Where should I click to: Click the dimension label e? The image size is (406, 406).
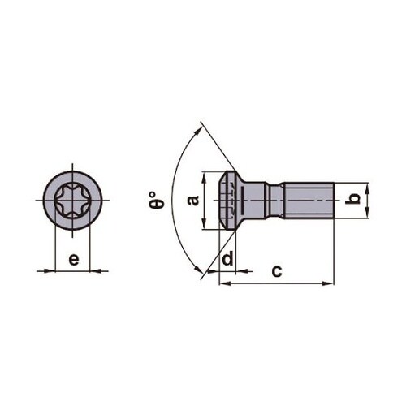(73, 260)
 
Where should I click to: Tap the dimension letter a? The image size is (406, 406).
(193, 200)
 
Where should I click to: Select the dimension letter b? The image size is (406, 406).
(352, 199)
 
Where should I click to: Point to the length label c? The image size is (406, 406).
(276, 270)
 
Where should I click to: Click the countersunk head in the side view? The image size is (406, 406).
(231, 200)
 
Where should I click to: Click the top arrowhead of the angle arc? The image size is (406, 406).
(197, 127)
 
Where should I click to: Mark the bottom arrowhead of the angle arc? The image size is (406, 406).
(197, 272)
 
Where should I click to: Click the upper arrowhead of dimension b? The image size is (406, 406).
(367, 186)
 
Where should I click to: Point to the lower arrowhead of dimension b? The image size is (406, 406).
(367, 214)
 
